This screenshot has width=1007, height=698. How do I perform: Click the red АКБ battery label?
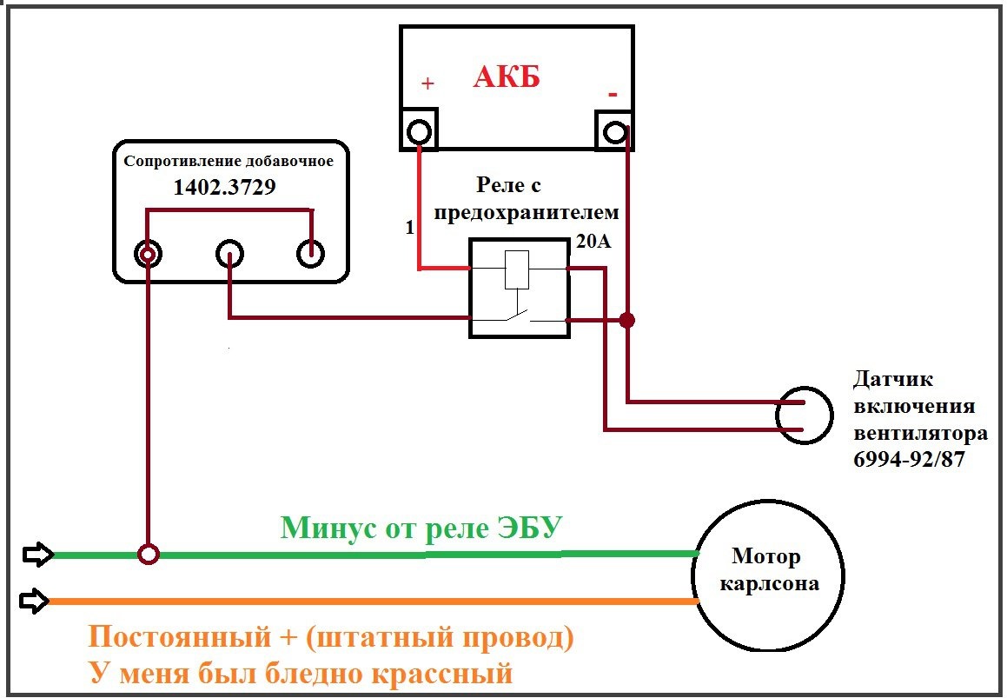pos(507,77)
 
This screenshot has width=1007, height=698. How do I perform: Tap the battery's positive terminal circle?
pos(419,132)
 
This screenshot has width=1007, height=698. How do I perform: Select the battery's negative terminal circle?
pos(614,132)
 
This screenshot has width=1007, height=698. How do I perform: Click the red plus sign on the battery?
pos(427,83)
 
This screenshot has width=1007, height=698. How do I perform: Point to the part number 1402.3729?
pos(225,187)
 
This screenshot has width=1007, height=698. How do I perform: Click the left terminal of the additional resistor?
pos(148,254)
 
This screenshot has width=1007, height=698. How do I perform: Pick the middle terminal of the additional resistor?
pos(229,254)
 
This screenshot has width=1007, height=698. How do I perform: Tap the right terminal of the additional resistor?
pos(310,254)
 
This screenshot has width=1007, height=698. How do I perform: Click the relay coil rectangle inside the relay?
pos(517,269)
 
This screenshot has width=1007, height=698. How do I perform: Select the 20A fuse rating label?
pos(593,242)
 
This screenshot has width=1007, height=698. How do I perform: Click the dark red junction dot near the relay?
pos(626,319)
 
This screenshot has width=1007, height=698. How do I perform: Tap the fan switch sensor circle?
pos(804,415)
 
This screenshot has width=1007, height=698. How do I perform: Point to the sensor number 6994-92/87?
pos(909,459)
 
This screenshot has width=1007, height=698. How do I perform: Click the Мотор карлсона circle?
pos(768,575)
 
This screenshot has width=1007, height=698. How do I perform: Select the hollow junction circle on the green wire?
pos(149,554)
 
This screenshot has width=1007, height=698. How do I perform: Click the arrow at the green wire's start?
pos(38,554)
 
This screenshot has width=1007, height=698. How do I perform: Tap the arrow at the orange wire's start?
pos(34,601)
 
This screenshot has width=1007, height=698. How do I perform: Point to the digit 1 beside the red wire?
pos(410,228)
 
